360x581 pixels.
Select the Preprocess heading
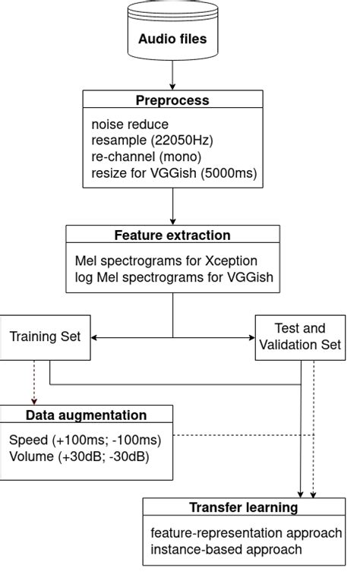coord(172,100)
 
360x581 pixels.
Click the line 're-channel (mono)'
coord(145,156)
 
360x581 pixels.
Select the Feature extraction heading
coord(172,235)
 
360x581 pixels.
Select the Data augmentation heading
coord(86,415)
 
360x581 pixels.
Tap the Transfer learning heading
coord(243,507)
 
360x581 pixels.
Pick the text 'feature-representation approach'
coord(246,532)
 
